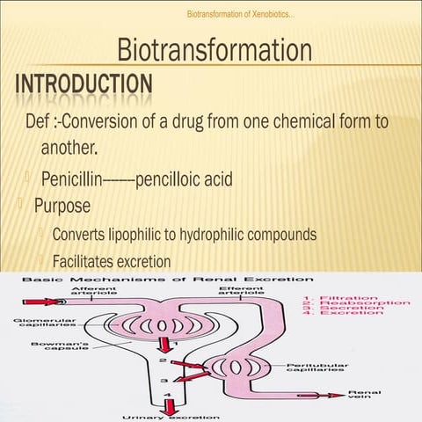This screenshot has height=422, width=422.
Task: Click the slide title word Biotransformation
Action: point(215,52)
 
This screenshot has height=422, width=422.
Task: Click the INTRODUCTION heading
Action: point(83,85)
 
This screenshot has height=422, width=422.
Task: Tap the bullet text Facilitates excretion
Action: point(111,261)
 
